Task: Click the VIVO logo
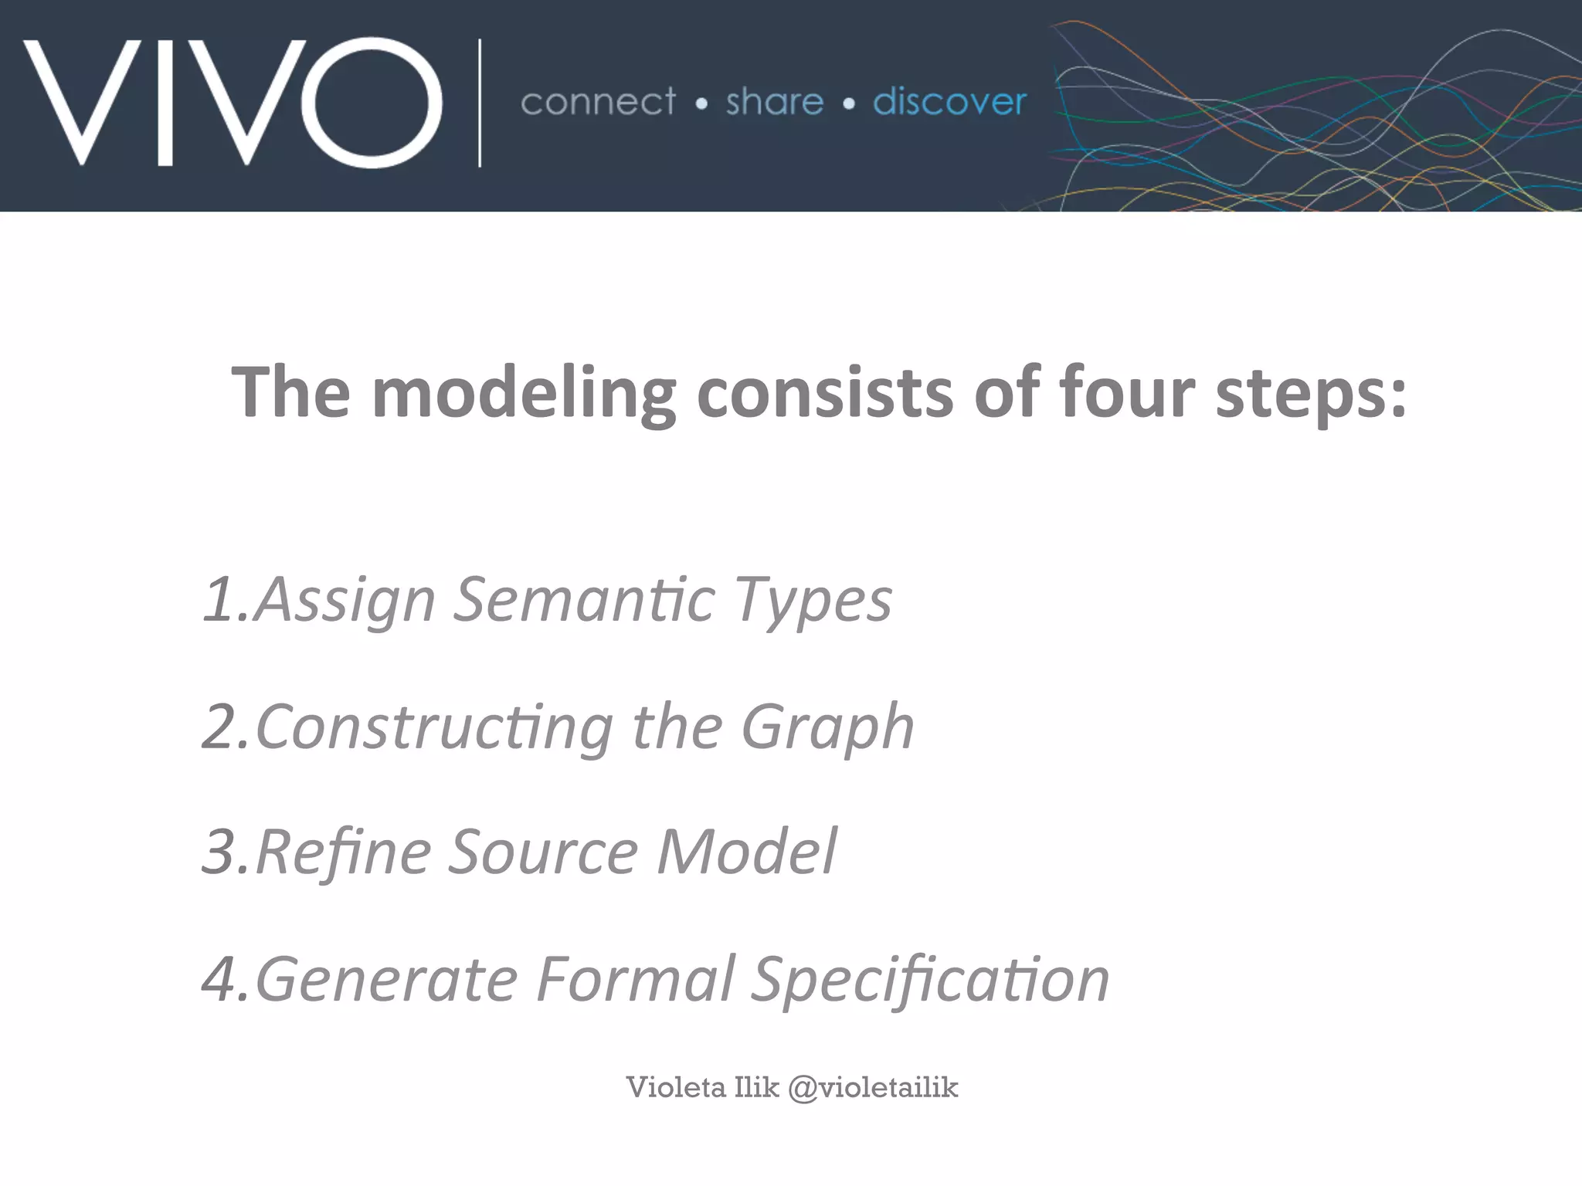pos(232,102)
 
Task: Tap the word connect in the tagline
pos(599,102)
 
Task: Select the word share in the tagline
pos(775,102)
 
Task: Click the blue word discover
pos(949,102)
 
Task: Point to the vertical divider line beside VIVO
pos(480,102)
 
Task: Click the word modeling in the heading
pos(524,394)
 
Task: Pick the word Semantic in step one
pos(583,599)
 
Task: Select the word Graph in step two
pos(827,727)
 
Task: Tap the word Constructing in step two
pos(434,727)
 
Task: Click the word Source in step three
pos(543,852)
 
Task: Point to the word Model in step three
pos(746,852)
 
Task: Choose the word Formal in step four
pos(635,979)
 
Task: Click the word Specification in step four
pos(931,979)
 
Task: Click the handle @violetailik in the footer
pos(873,1087)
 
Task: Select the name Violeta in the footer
pos(676,1087)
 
